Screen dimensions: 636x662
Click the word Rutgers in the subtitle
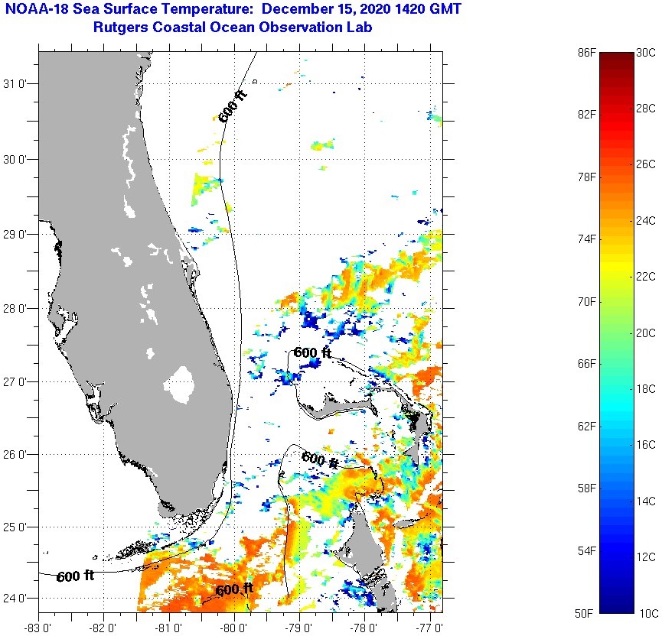(x=120, y=28)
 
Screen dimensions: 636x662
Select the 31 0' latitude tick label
(x=17, y=84)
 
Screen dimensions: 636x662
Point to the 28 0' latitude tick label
(x=17, y=308)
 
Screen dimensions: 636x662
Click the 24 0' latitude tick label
(x=17, y=599)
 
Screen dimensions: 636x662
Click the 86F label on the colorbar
(x=586, y=52)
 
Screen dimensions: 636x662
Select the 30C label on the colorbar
(x=646, y=52)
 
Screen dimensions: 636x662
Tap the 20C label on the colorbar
(x=646, y=333)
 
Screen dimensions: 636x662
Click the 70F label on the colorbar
(x=586, y=302)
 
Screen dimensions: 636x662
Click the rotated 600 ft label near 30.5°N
(x=233, y=106)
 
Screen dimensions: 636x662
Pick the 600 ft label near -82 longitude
(x=75, y=576)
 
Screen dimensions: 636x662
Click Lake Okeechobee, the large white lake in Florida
(x=181, y=385)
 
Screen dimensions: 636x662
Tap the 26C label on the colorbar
(x=646, y=164)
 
